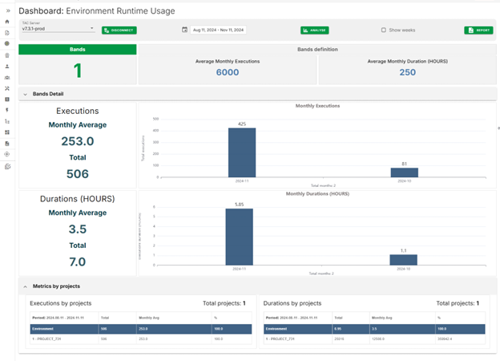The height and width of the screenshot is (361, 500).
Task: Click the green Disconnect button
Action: (x=119, y=30)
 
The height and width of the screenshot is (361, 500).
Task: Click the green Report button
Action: (x=478, y=30)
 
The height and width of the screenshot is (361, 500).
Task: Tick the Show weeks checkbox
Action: (x=383, y=30)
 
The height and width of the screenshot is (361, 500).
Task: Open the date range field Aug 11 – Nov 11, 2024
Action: (x=218, y=30)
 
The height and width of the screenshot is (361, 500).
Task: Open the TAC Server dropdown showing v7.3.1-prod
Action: (x=58, y=30)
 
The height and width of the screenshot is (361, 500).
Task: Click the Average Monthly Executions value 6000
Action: (x=227, y=72)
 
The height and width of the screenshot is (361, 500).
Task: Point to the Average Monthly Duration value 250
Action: (x=407, y=72)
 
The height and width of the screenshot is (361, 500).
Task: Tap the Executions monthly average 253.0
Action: (x=77, y=141)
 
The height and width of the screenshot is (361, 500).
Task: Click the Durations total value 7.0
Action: (x=77, y=262)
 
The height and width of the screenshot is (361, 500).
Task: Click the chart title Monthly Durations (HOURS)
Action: (x=318, y=193)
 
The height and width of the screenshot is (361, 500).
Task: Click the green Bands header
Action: (x=77, y=49)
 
